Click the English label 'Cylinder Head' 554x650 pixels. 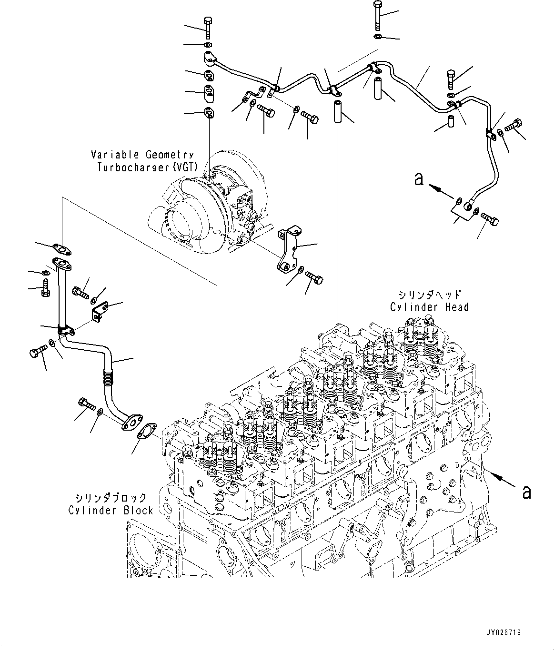click(429, 307)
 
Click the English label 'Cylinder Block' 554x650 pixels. click(111, 510)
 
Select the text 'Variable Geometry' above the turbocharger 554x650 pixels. click(142, 155)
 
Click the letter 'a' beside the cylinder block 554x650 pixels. click(526, 492)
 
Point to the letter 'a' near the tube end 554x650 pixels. click(419, 179)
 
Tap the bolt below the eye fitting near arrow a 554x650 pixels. click(489, 219)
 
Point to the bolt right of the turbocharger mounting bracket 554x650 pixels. click(314, 276)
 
